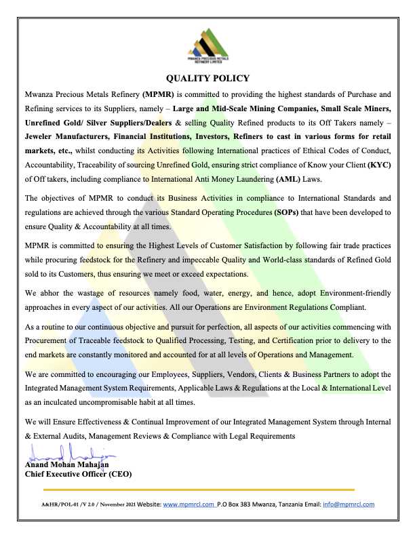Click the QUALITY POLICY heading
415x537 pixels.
click(x=207, y=78)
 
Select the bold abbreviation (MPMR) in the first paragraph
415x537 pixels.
click(x=159, y=94)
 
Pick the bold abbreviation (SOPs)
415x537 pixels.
click(x=292, y=212)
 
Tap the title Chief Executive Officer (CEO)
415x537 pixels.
click(x=78, y=474)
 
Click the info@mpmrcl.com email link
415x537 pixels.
click(x=349, y=504)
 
